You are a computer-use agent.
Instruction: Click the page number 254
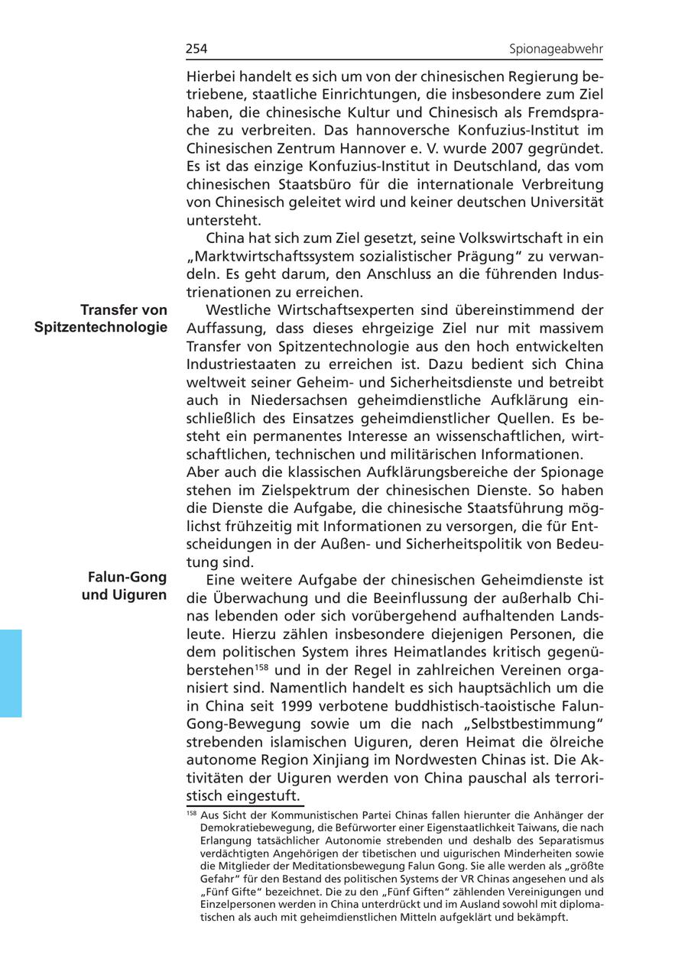[x=196, y=50]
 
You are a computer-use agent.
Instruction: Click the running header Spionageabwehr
[x=556, y=50]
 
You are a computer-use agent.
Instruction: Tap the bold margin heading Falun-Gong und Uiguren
[x=124, y=585]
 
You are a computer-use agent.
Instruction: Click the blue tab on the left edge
[x=11, y=672]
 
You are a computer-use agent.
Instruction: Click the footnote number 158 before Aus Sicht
[x=191, y=814]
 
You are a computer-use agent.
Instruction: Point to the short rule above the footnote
[x=245, y=806]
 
